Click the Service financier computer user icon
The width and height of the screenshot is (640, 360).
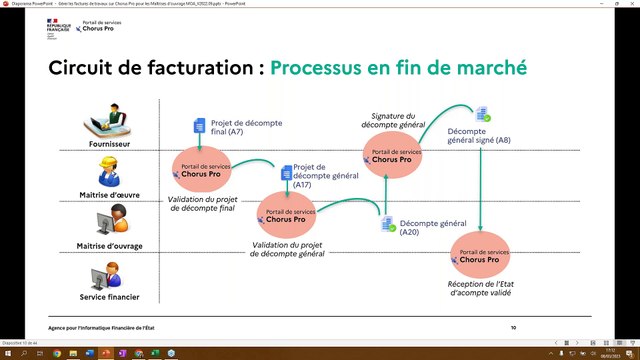click(104, 275)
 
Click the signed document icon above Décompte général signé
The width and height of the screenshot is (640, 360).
click(482, 114)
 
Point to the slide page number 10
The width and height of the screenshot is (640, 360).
click(513, 327)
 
